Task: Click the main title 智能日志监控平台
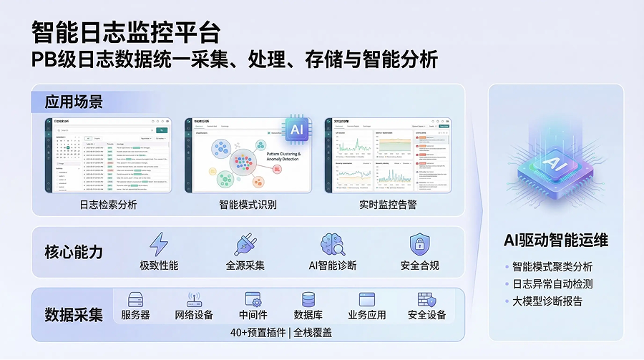point(126,31)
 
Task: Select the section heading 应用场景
point(74,101)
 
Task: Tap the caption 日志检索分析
point(108,205)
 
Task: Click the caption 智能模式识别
point(248,205)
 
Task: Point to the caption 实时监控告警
point(387,205)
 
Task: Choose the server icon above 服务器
point(135,299)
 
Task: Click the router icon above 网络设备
point(194,299)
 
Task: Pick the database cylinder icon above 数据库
point(309,299)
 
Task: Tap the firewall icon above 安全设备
point(426,299)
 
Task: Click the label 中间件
point(253,315)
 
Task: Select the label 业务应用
point(367,315)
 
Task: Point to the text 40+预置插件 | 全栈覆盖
point(280,333)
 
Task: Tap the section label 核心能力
point(74,253)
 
